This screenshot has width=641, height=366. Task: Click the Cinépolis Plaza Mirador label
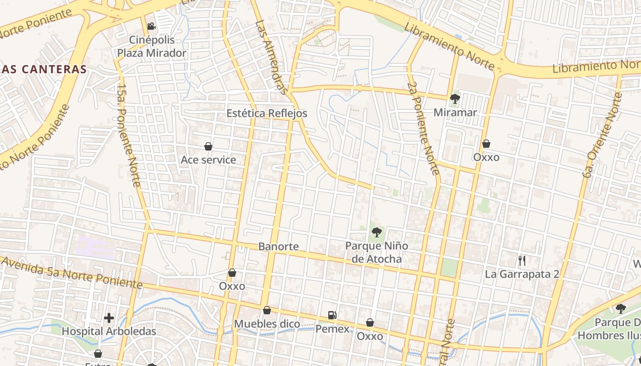coord(152,46)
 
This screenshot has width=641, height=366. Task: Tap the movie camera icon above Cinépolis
coord(152,27)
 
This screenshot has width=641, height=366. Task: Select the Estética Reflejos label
coord(267,113)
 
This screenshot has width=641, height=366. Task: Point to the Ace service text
coord(208,160)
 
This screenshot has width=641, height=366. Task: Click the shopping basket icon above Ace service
coord(208,146)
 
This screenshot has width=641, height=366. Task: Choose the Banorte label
coord(278,247)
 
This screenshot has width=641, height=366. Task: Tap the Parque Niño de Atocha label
coord(376,253)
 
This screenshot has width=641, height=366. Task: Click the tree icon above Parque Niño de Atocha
coord(376,232)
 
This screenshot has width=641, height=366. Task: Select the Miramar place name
coord(455,112)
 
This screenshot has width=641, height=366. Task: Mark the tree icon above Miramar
coord(455,98)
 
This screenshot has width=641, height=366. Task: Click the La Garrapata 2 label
coord(522,274)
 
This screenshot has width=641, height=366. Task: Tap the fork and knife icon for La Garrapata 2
coord(522,261)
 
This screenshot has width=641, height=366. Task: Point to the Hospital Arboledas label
coord(109,331)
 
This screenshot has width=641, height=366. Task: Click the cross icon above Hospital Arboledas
coord(109,318)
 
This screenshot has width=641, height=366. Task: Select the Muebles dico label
coord(267,324)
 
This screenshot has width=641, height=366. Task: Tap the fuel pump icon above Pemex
coord(332,315)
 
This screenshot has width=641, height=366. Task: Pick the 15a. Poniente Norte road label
coord(129,135)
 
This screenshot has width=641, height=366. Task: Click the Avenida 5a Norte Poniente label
coord(71,273)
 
